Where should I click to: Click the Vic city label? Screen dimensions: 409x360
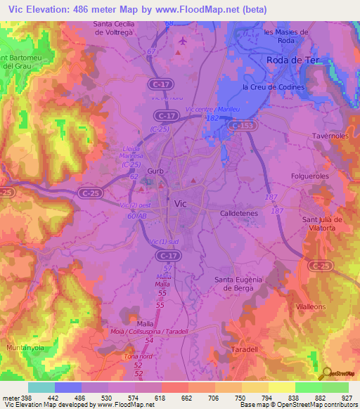click(x=180, y=202)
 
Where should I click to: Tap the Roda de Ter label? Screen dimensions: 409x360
click(x=293, y=60)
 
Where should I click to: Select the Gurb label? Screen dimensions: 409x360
click(x=156, y=171)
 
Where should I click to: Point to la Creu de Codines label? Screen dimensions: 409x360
click(x=273, y=87)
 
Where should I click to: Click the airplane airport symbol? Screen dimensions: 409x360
click(x=184, y=41)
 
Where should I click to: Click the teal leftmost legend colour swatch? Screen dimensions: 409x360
click(x=41, y=387)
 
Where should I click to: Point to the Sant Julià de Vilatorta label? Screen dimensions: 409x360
click(x=322, y=223)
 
